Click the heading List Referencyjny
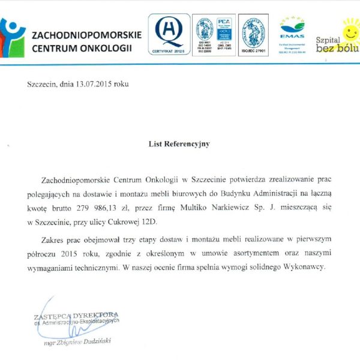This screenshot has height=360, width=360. click(179, 144)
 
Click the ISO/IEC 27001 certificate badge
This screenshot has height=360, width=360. click(253, 35)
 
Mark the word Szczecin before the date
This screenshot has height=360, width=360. click(40, 84)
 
